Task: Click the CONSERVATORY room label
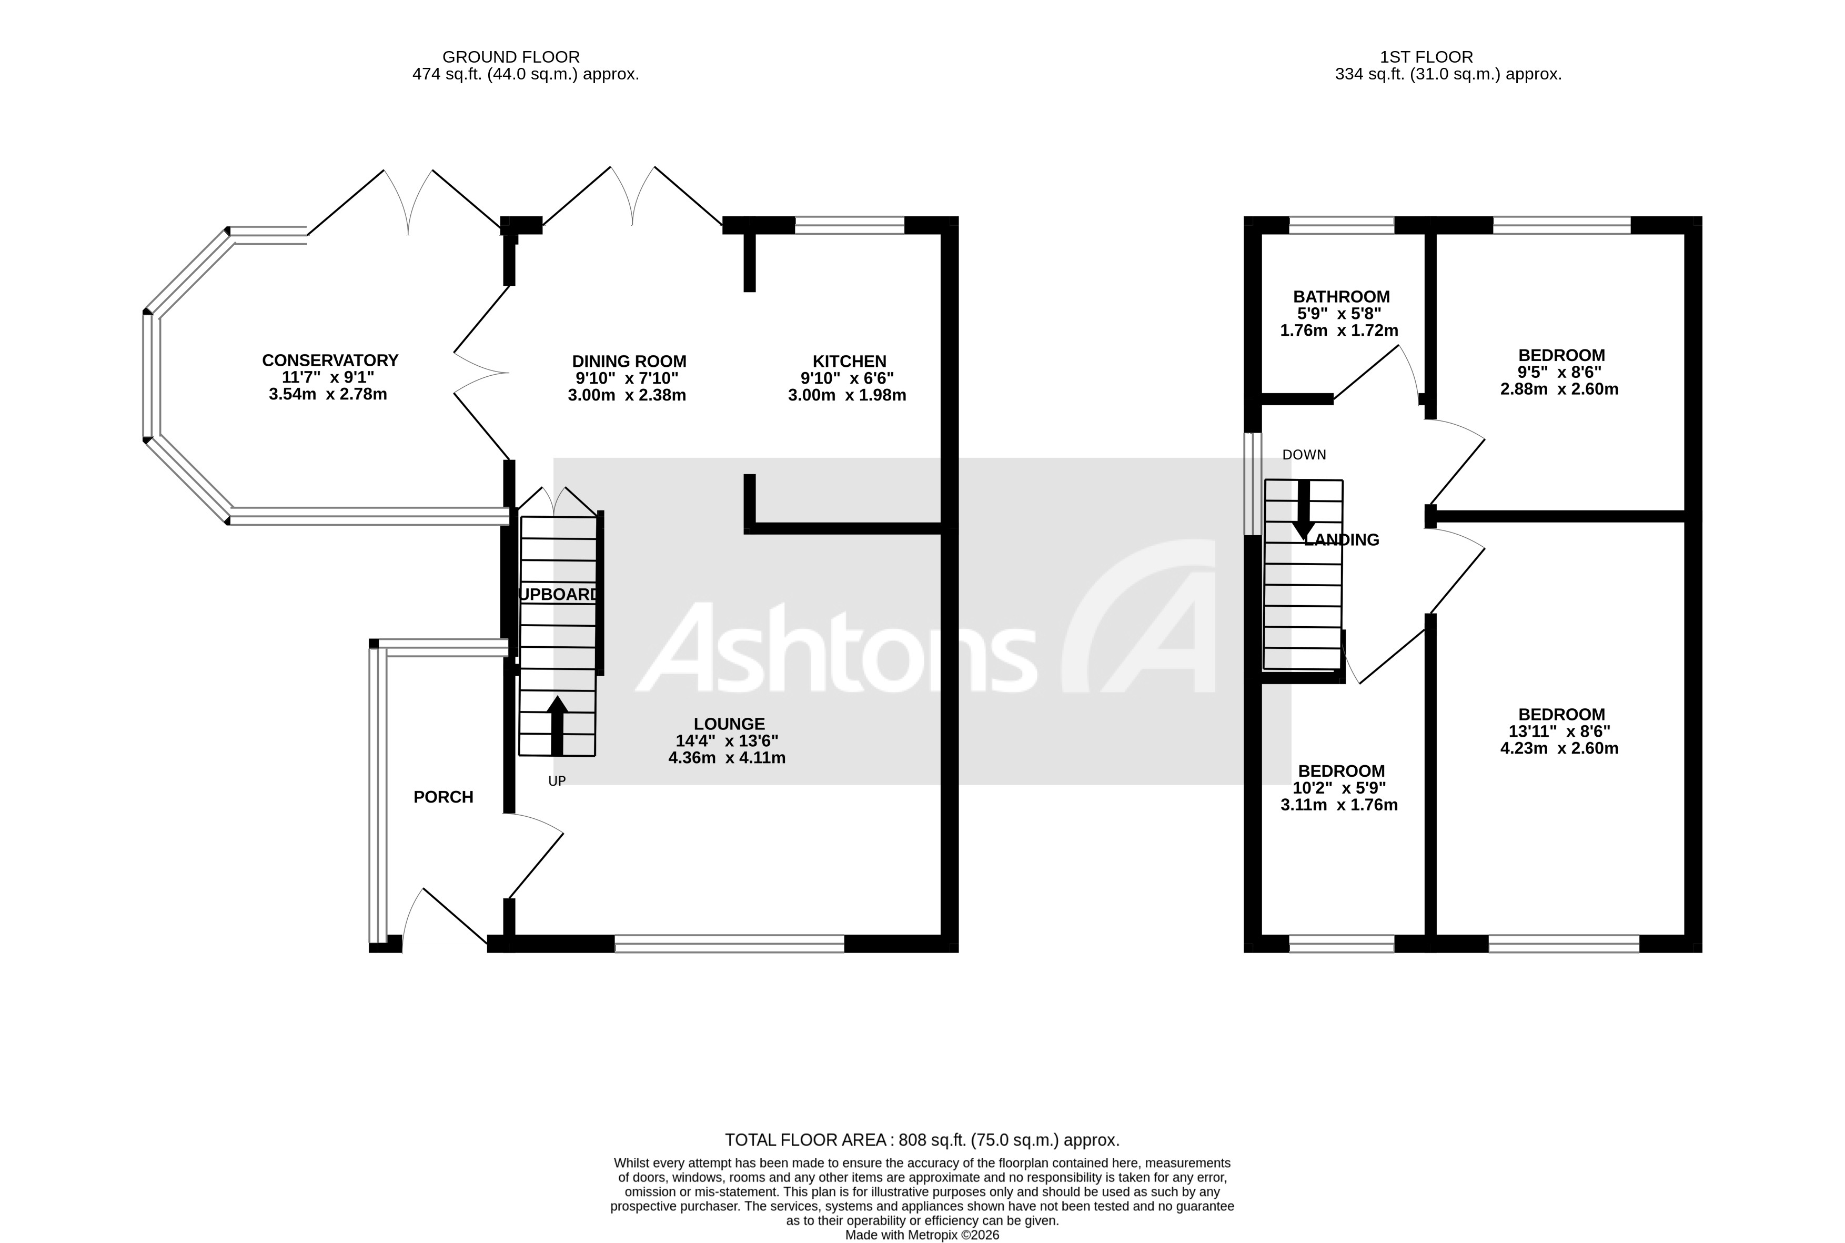tap(330, 360)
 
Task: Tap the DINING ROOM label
tap(629, 362)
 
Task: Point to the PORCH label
tap(443, 797)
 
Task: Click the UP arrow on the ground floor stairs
tap(557, 724)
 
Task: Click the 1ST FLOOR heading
tap(1426, 57)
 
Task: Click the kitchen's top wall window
tap(849, 226)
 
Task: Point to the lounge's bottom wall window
tap(729, 944)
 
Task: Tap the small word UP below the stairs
tap(557, 781)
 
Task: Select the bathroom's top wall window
tap(1341, 226)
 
